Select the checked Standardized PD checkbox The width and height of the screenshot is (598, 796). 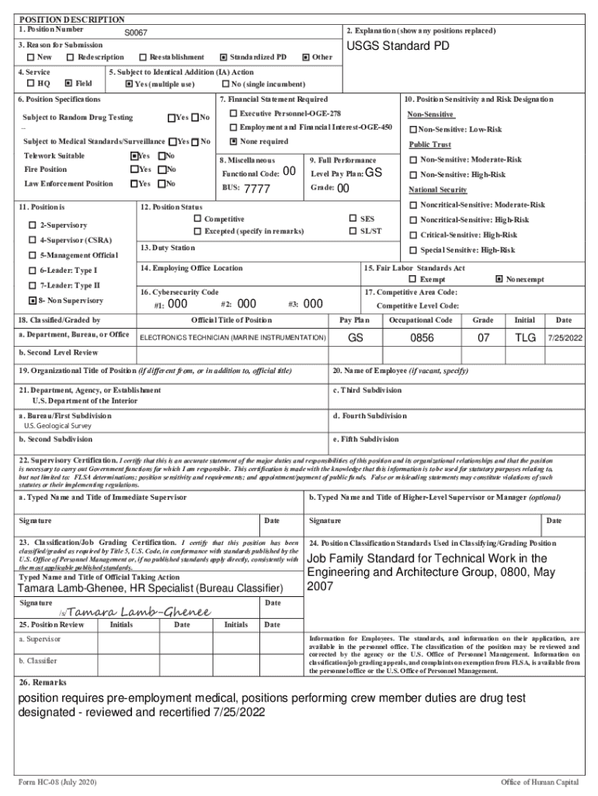224,58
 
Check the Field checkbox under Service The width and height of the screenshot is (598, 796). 68,83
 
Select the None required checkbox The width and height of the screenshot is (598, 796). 233,141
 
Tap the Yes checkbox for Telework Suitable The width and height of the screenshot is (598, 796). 134,155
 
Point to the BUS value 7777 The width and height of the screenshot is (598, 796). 257,189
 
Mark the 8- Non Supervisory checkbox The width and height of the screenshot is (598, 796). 32,300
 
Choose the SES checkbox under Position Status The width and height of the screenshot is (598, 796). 353,219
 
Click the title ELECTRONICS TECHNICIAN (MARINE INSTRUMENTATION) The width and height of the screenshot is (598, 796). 232,338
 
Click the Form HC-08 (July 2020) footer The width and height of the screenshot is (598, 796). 57,781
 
